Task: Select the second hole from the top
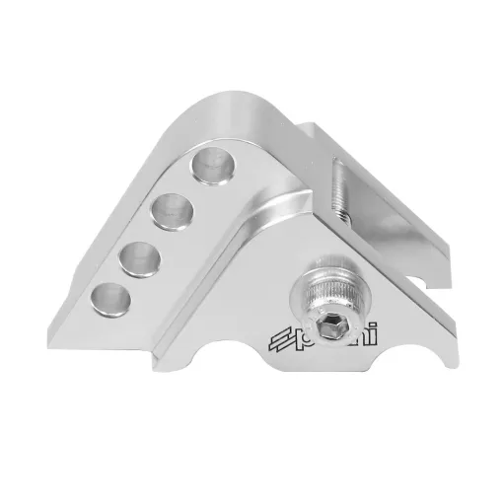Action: [x=171, y=209]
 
